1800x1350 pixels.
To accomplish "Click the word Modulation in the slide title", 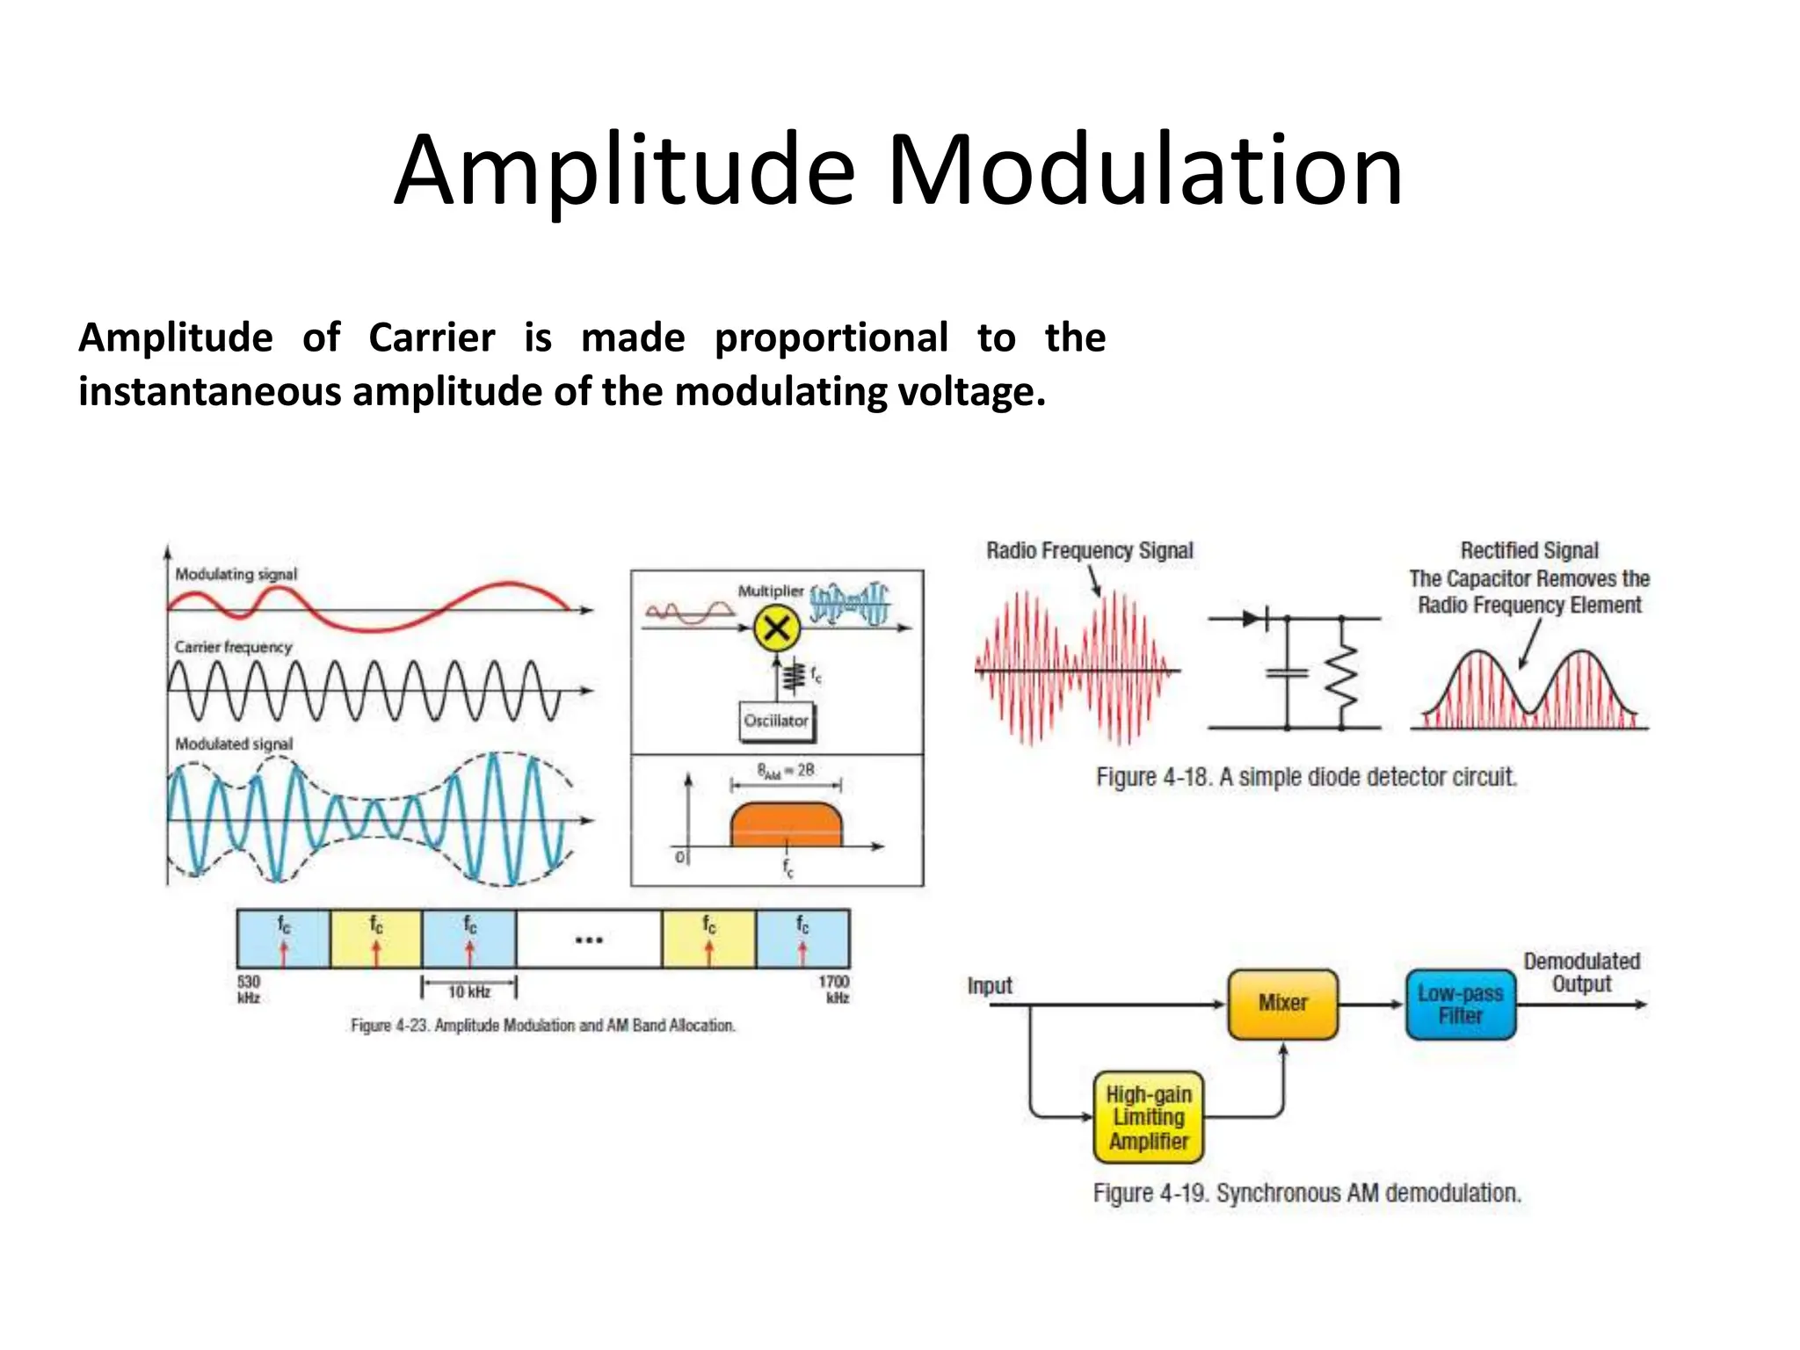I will point(1144,171).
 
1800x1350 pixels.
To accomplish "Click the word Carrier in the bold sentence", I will point(431,337).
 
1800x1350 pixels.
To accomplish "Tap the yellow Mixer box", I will point(1282,1004).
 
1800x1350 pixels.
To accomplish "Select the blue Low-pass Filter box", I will point(1460,1005).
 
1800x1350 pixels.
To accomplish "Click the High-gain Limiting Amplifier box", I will point(1148,1117).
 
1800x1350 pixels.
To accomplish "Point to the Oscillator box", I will point(775,721).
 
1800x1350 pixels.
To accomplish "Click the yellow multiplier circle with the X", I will point(776,628).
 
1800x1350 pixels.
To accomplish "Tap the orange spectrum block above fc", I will point(786,824).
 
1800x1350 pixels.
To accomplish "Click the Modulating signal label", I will point(236,574).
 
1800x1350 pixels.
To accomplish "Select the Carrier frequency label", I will point(233,647).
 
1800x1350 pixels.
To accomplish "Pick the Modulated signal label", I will point(234,744).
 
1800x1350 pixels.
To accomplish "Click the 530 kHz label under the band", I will point(249,989).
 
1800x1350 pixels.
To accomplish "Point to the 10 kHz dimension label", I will point(469,992).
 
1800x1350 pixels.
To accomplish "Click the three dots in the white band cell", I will point(588,940).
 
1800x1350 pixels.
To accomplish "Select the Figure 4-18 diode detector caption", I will point(1306,777).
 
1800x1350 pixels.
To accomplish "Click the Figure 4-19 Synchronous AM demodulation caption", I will point(1306,1193).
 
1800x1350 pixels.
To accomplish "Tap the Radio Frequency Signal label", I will point(1089,551).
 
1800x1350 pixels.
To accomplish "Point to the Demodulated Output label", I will point(1581,972).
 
